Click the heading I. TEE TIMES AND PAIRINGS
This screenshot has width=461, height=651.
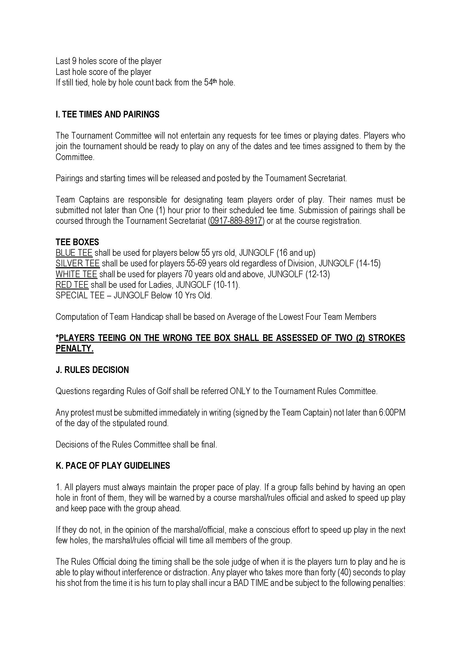[107, 114]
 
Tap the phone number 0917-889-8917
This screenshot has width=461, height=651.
[236, 221]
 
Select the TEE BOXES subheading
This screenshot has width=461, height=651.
[77, 242]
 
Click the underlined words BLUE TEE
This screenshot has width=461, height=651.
[74, 253]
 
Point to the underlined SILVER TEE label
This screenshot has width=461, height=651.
[77, 263]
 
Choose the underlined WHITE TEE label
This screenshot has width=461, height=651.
[76, 274]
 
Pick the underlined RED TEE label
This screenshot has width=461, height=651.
[72, 285]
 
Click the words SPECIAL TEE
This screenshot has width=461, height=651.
[80, 296]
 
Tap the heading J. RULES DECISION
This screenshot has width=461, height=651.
[92, 370]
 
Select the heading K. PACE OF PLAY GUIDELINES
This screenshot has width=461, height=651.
[113, 466]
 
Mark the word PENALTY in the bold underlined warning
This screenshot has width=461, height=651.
[74, 349]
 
